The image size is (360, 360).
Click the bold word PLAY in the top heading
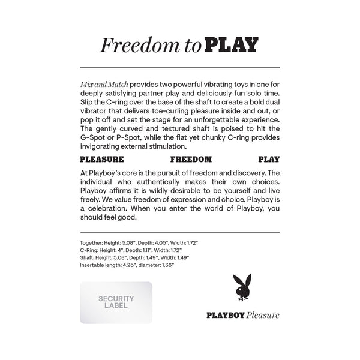click(232, 45)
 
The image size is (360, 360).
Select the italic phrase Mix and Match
click(104, 86)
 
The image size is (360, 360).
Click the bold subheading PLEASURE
click(101, 160)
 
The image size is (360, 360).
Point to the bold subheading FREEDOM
click(191, 160)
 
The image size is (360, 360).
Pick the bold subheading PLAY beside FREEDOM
click(269, 160)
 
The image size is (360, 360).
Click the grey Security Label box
click(116, 302)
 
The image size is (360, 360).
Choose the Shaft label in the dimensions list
click(87, 257)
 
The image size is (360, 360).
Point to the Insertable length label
click(103, 265)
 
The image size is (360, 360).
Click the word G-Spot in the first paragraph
click(94, 137)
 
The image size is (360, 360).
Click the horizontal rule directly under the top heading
click(179, 67)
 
